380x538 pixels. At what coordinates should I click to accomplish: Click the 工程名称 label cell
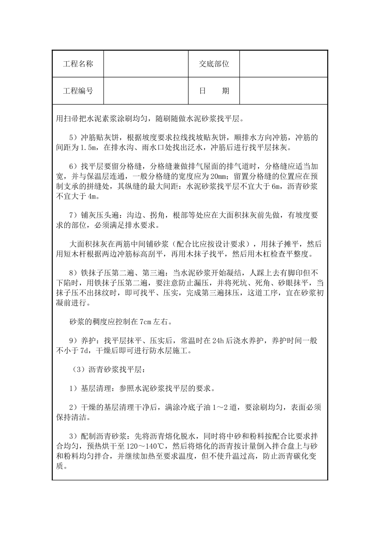point(78,64)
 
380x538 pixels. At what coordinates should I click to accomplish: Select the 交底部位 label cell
point(214,64)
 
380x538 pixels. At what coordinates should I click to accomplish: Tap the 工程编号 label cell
point(78,91)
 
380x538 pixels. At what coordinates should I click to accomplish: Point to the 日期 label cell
point(214,91)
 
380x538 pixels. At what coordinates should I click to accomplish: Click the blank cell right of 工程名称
point(146,64)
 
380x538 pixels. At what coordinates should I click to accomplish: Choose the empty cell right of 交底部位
point(284,64)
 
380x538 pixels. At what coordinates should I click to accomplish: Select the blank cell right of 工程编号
point(146,91)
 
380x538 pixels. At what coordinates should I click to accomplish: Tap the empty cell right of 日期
point(284,91)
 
